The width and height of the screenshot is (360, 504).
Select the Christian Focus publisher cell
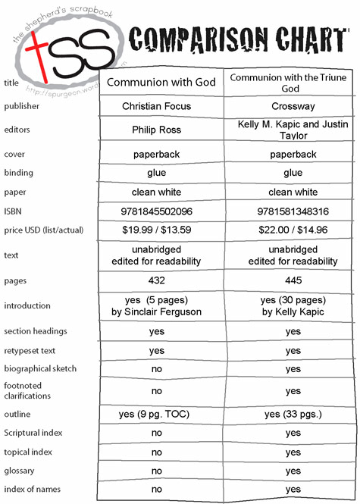[x=157, y=107]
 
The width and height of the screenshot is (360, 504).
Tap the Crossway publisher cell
[x=293, y=107]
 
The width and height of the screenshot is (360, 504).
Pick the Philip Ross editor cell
[x=157, y=130]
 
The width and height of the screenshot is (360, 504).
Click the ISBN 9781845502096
[x=157, y=211]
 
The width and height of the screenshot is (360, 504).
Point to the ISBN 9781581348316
[x=293, y=211]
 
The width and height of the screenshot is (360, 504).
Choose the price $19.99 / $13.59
[x=157, y=230]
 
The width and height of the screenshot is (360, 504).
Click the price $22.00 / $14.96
[x=293, y=230]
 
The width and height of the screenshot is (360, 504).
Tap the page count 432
[x=157, y=280]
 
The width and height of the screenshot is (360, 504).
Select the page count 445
[x=293, y=280]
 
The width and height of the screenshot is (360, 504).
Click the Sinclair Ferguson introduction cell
[x=157, y=305]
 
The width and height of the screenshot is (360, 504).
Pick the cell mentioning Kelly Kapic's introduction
[x=293, y=305]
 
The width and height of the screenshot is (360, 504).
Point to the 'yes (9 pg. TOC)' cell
[x=157, y=415]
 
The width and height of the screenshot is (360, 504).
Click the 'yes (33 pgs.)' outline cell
[x=293, y=415]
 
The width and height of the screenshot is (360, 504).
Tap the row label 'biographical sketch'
[x=40, y=369]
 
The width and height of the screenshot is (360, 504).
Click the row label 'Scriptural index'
[x=33, y=434]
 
